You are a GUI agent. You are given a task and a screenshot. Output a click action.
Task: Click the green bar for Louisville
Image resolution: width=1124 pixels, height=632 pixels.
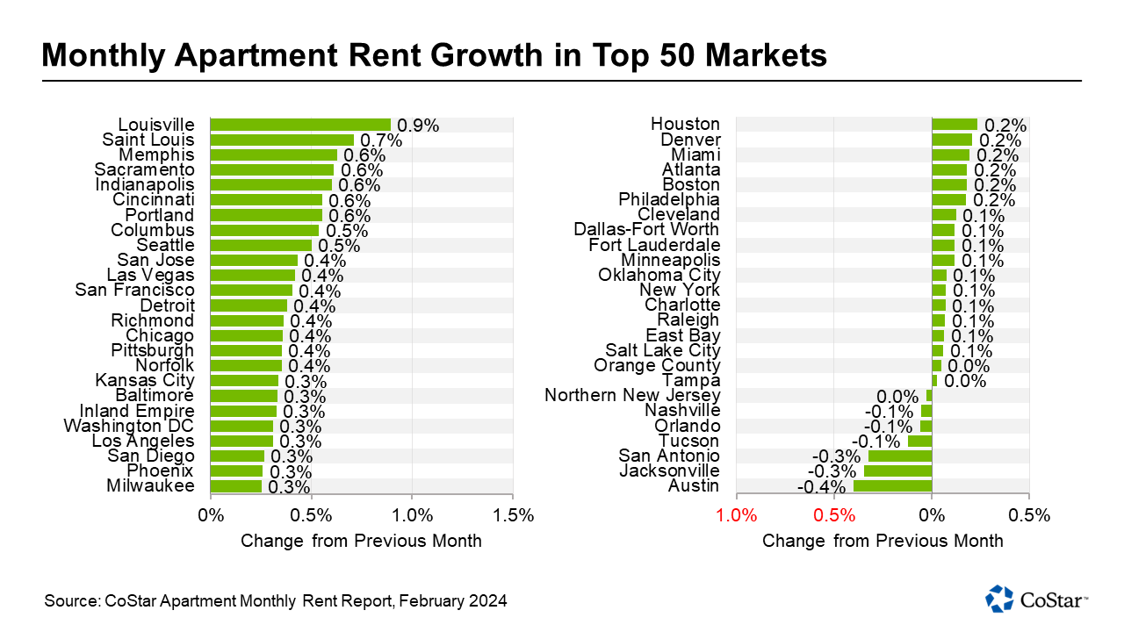tap(300, 125)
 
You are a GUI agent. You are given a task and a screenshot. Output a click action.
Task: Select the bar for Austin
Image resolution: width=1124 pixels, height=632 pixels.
tap(892, 486)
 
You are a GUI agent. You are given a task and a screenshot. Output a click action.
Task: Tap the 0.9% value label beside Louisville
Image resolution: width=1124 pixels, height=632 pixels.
tap(418, 126)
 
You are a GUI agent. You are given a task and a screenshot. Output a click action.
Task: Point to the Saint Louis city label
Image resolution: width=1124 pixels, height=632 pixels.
tap(148, 140)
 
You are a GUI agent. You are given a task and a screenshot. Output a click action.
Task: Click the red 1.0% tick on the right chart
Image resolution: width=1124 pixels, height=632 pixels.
tap(737, 515)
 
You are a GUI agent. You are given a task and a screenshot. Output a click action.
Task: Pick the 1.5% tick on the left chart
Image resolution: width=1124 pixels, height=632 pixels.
tap(514, 515)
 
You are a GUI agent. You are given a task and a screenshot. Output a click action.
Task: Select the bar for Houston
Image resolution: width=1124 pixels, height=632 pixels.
tap(954, 125)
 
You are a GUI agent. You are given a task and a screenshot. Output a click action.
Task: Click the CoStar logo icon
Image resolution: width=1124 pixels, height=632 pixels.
tap(1000, 599)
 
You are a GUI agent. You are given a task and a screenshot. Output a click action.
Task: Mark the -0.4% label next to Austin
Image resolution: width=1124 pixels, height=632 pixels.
tap(818, 486)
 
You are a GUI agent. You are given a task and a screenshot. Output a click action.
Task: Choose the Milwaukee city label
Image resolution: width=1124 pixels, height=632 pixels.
tap(150, 486)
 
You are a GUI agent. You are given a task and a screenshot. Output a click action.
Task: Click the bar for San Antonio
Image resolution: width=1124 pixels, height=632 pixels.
tap(900, 456)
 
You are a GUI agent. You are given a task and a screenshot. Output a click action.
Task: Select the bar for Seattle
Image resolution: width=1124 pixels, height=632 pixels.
tap(261, 245)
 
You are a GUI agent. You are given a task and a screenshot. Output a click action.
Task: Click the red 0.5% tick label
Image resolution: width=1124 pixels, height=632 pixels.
tap(834, 515)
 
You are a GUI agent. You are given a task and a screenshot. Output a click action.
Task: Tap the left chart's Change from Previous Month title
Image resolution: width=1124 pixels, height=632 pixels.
tap(361, 541)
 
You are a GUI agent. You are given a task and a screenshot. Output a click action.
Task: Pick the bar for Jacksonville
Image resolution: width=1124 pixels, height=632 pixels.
tap(897, 471)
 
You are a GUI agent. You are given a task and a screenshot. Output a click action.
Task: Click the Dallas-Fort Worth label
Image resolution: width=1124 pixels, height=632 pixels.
tap(646, 230)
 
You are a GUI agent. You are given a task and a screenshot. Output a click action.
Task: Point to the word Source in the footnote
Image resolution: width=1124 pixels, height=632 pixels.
tap(68, 601)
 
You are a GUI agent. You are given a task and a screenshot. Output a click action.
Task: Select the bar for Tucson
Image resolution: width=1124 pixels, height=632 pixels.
tap(919, 442)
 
